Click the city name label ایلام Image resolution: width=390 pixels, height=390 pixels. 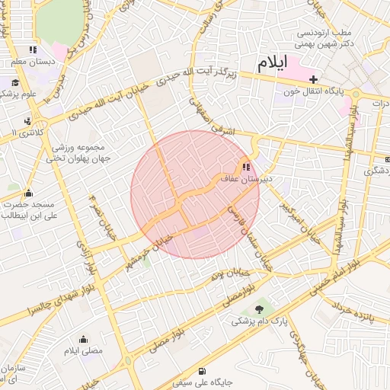pyautogui.click(x=274, y=65)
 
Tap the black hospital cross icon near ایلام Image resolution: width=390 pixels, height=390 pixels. pyautogui.click(x=313, y=78)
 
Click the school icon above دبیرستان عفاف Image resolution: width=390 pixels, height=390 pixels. pyautogui.click(x=245, y=167)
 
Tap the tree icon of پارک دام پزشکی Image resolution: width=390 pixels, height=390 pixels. pyautogui.click(x=261, y=308)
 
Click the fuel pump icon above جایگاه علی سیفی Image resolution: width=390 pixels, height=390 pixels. pyautogui.click(x=201, y=372)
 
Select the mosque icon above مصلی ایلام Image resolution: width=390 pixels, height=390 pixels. pyautogui.click(x=83, y=340)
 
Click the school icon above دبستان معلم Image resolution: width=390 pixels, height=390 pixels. pyautogui.click(x=33, y=50)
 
